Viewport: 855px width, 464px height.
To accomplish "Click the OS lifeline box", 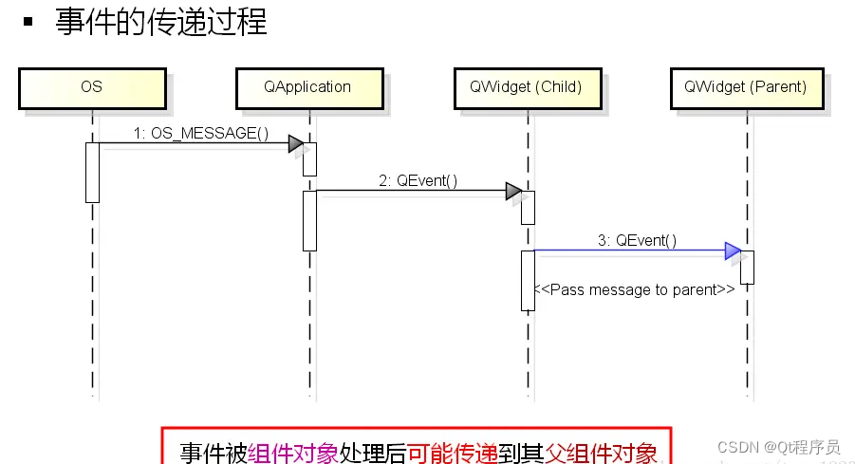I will click(x=91, y=86).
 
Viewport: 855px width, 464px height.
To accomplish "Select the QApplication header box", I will click(x=307, y=86).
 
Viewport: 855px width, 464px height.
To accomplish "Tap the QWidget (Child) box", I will click(x=525, y=86).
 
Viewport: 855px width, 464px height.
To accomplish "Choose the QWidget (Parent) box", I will click(x=745, y=86).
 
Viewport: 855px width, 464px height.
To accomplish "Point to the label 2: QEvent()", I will click(x=418, y=180).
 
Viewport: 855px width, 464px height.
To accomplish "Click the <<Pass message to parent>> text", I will click(x=634, y=289).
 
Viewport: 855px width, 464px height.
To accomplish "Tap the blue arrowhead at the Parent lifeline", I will click(x=733, y=251).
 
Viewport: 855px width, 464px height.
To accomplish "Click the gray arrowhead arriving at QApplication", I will click(x=296, y=144).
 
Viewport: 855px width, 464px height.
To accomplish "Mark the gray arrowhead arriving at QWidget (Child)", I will click(x=513, y=192).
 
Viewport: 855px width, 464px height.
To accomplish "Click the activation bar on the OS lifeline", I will click(x=92, y=172).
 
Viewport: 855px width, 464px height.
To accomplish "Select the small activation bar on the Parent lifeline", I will click(x=747, y=267).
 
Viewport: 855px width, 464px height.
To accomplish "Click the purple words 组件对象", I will click(x=293, y=453).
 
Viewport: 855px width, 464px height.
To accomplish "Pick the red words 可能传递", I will click(x=453, y=453).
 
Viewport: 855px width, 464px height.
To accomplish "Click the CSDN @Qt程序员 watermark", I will click(x=778, y=447).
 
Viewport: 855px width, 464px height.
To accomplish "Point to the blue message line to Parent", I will click(x=626, y=251).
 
